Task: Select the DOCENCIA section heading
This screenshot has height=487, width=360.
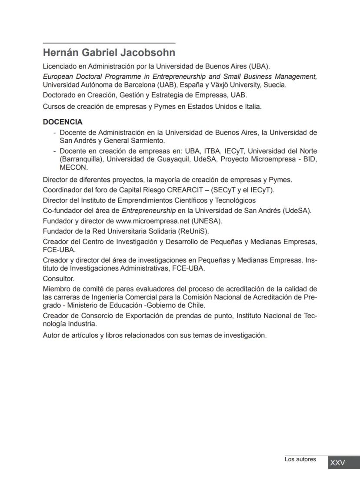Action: click(63, 122)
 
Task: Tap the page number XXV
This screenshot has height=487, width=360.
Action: click(337, 463)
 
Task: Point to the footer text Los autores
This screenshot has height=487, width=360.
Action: click(300, 459)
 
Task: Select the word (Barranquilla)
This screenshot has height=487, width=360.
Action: click(81, 159)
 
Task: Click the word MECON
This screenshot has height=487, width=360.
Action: click(73, 168)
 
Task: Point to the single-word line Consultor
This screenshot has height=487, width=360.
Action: click(59, 279)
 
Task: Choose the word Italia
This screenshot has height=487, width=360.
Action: click(252, 106)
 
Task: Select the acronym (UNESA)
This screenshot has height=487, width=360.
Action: click(208, 221)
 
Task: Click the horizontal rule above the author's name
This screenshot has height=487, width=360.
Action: click(109, 43)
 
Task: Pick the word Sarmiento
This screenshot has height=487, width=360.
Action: click(149, 141)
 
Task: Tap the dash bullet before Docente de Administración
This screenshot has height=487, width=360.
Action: click(54, 132)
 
